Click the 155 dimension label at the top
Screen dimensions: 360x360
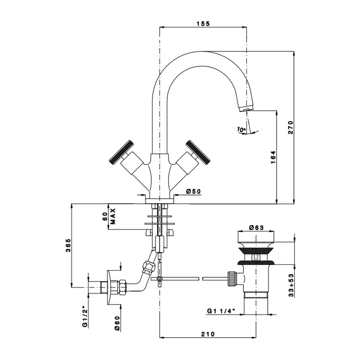[x=203, y=23]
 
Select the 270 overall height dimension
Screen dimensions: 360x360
[x=291, y=127]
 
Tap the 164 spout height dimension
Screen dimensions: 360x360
[x=273, y=157]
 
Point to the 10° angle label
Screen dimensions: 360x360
[x=241, y=130]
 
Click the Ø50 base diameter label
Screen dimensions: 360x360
[x=193, y=191]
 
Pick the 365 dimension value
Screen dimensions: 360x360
[x=68, y=246]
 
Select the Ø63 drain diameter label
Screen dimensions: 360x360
[x=256, y=228]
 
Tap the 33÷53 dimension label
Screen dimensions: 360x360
[x=291, y=285]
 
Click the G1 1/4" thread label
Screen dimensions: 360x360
[x=221, y=311]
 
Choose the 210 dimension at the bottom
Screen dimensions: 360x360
[x=208, y=334]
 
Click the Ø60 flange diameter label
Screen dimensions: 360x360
[x=117, y=323]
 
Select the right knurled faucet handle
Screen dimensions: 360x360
[x=198, y=152]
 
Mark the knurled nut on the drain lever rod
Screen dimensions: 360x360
[x=231, y=279]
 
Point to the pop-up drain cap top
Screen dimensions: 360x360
[x=256, y=237]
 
